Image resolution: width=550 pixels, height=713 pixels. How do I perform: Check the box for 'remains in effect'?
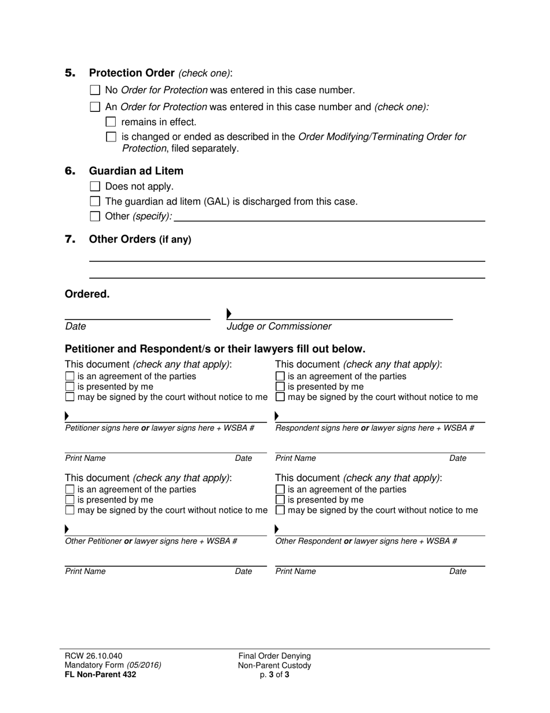coord(111,122)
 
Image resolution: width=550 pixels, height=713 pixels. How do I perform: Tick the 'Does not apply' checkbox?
coord(96,187)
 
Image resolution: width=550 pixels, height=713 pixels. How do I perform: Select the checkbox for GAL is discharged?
coord(96,202)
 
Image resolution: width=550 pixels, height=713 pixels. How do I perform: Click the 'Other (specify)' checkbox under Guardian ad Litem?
coord(96,217)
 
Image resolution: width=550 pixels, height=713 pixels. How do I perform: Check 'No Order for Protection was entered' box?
coord(96,90)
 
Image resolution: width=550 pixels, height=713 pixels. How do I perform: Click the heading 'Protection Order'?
coord(131,73)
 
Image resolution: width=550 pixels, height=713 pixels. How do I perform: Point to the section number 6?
coord(70,171)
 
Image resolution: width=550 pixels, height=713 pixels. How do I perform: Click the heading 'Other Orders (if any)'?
coord(140,239)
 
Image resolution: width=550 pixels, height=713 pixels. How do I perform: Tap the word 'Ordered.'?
coord(87,294)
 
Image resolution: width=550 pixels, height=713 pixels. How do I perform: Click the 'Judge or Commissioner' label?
coord(278,326)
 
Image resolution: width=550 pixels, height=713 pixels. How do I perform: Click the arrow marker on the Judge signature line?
coord(229,314)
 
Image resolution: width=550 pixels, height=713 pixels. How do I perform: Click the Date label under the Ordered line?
coord(75,326)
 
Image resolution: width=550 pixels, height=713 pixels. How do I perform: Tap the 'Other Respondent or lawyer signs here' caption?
coord(366,541)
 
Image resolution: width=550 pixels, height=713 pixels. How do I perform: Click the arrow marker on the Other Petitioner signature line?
coord(67,529)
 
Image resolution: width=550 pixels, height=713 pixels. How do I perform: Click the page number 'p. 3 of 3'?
coord(274,674)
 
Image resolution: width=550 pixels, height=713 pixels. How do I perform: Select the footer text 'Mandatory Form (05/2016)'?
coord(113,665)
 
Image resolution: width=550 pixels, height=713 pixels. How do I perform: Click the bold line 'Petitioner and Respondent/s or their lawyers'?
coord(215,349)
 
